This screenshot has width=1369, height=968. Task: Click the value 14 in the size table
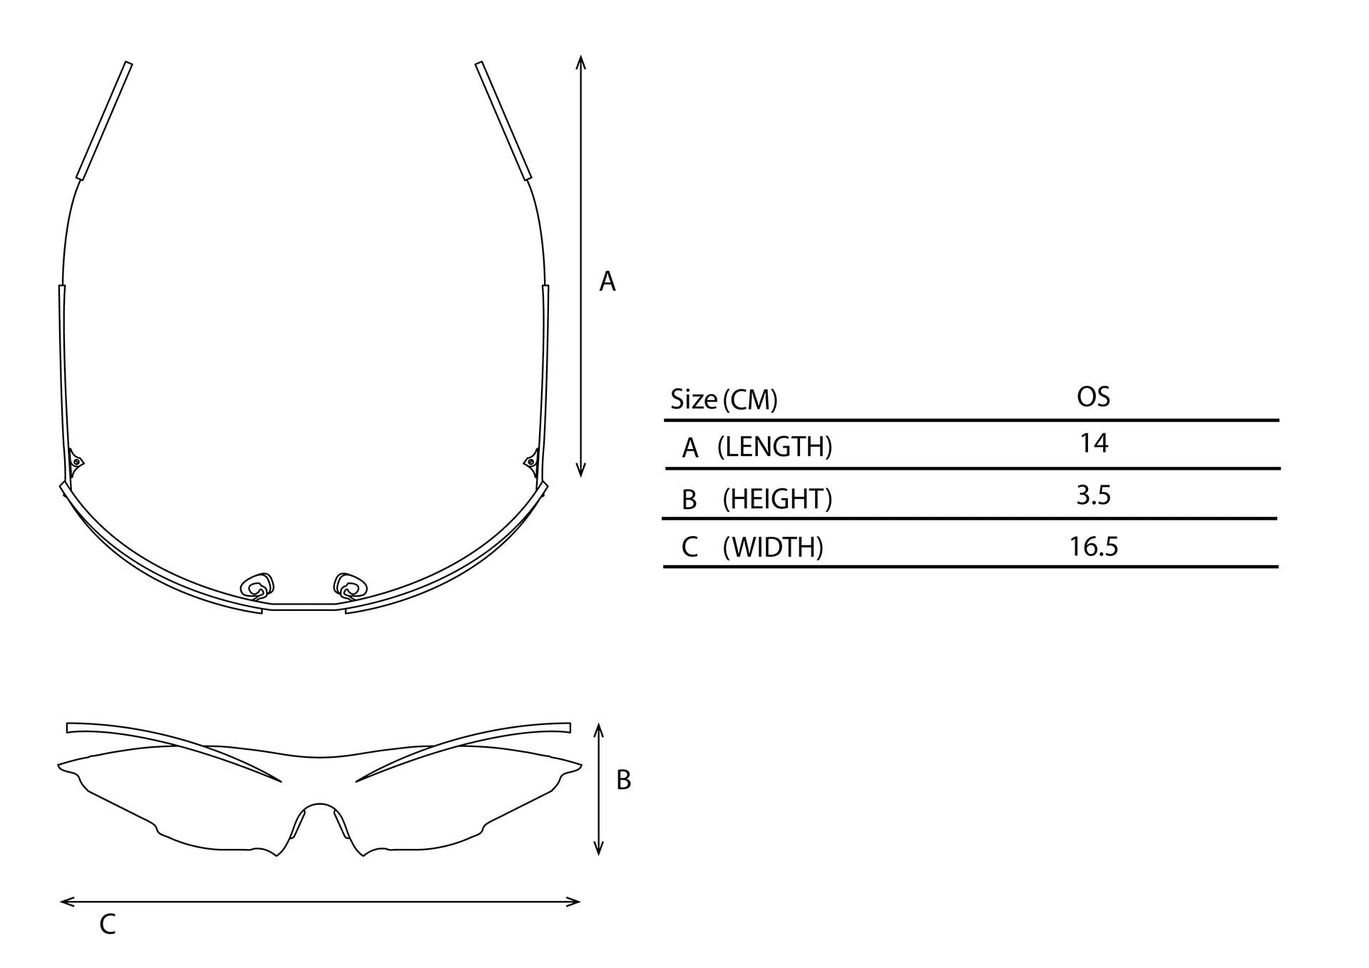coord(1094,443)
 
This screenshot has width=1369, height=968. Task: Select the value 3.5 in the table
coord(1094,495)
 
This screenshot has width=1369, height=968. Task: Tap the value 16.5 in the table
coord(1094,547)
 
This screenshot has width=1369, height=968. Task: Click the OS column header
coord(1094,396)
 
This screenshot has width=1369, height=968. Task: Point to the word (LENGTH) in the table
coord(775,447)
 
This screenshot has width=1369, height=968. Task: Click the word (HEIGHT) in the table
coord(777,499)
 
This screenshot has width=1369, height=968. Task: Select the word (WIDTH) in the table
coord(773,547)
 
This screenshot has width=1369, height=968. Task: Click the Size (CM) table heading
coord(724,399)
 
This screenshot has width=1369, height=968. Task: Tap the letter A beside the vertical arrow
coord(607,282)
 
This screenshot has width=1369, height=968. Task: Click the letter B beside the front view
coord(624,781)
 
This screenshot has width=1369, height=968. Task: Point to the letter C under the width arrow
coord(108,925)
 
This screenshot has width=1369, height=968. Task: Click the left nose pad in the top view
coord(257,586)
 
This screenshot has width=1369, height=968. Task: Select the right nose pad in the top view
coord(350,586)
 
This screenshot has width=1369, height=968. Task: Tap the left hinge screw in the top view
coord(76,463)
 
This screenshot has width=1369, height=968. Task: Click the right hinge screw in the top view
coord(531,463)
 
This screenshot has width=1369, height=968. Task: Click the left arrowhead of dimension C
coord(68,902)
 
